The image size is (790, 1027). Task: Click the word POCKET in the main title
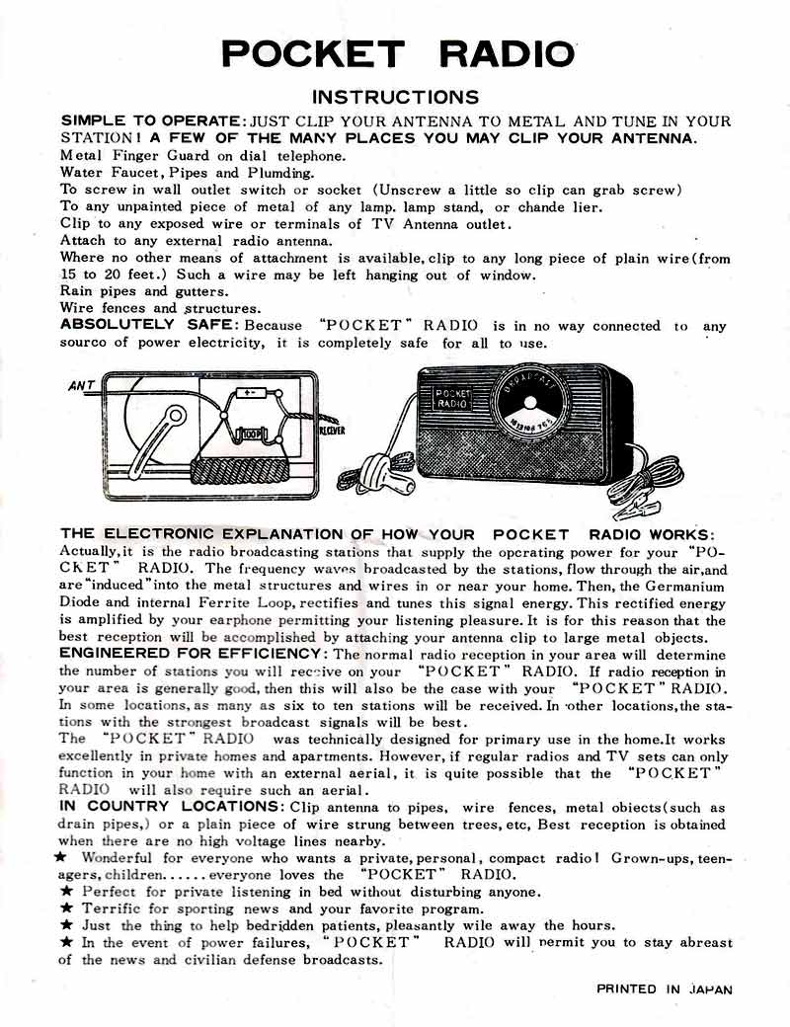click(x=312, y=53)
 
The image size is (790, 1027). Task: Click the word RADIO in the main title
click(x=507, y=53)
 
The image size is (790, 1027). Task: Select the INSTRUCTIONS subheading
click(x=395, y=97)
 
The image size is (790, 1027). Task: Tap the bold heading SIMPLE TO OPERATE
click(x=152, y=120)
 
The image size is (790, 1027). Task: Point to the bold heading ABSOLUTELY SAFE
click(x=149, y=325)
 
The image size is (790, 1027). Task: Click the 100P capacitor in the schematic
click(x=249, y=432)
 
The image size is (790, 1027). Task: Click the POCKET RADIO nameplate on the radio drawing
click(x=453, y=398)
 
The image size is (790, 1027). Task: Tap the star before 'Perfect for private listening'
click(x=66, y=892)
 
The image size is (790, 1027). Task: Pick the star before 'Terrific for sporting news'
click(x=66, y=908)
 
